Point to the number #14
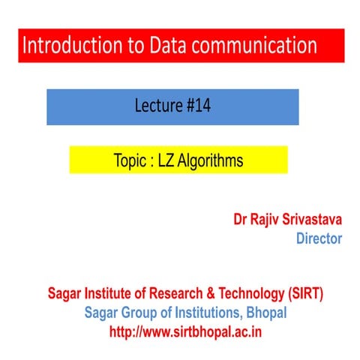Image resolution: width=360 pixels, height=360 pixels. point(196,106)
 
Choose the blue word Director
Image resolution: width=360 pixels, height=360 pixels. point(319,239)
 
